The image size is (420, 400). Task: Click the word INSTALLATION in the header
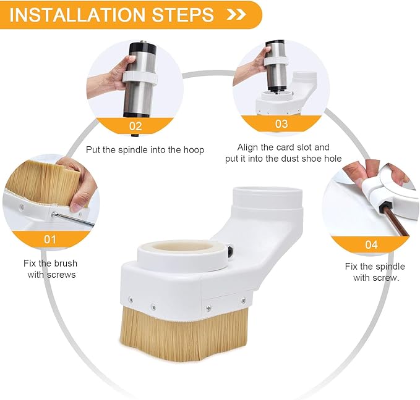point(77,15)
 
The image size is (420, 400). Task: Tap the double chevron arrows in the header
point(236,15)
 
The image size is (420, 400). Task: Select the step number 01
point(50,240)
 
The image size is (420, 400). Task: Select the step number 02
point(135,126)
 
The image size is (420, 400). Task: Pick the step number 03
point(281,124)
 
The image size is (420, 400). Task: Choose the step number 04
point(371,244)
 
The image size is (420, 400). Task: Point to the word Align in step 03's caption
point(247,148)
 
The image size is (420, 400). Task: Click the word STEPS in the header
point(183,15)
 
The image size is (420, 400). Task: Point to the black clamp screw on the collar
point(230,250)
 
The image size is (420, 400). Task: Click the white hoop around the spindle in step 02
point(140,78)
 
